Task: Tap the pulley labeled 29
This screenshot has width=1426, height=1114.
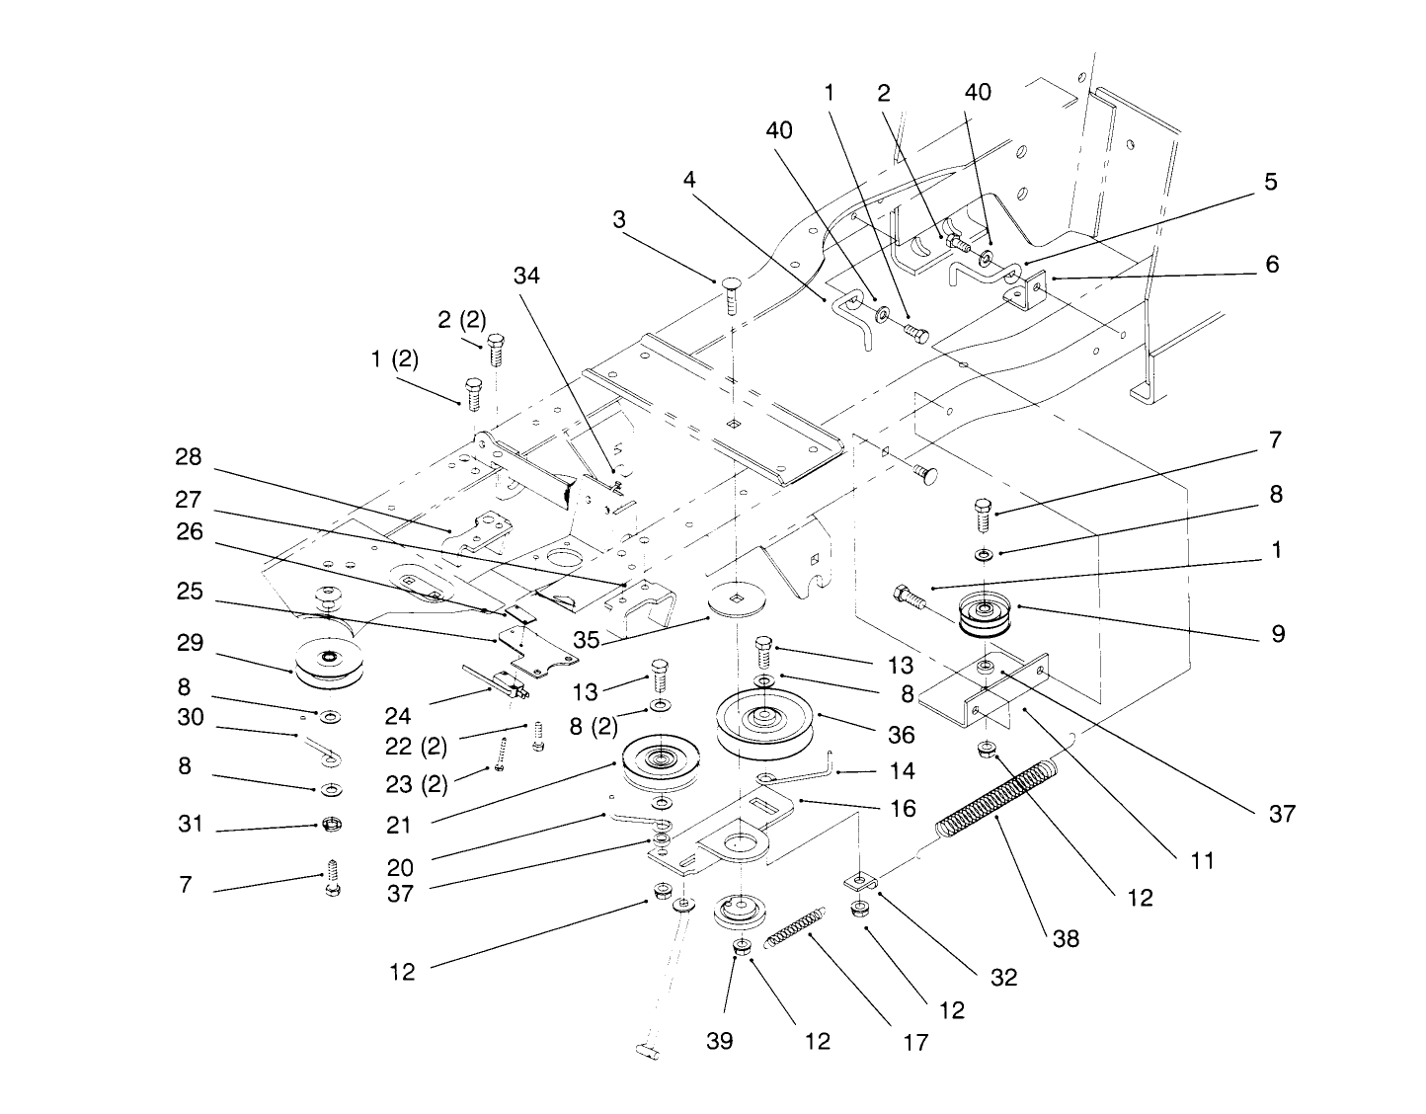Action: (328, 665)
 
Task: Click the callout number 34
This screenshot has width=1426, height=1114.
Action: (526, 276)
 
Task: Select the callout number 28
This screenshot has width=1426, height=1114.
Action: (189, 457)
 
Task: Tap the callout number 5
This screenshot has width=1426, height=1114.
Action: (1270, 182)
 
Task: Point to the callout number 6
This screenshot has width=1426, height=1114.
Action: (1272, 264)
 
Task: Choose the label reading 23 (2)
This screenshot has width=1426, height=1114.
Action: (416, 784)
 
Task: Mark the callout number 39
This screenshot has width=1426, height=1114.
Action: (720, 1041)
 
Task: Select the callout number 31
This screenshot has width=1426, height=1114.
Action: (189, 824)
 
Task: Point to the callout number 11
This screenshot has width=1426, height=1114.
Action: (1201, 860)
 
